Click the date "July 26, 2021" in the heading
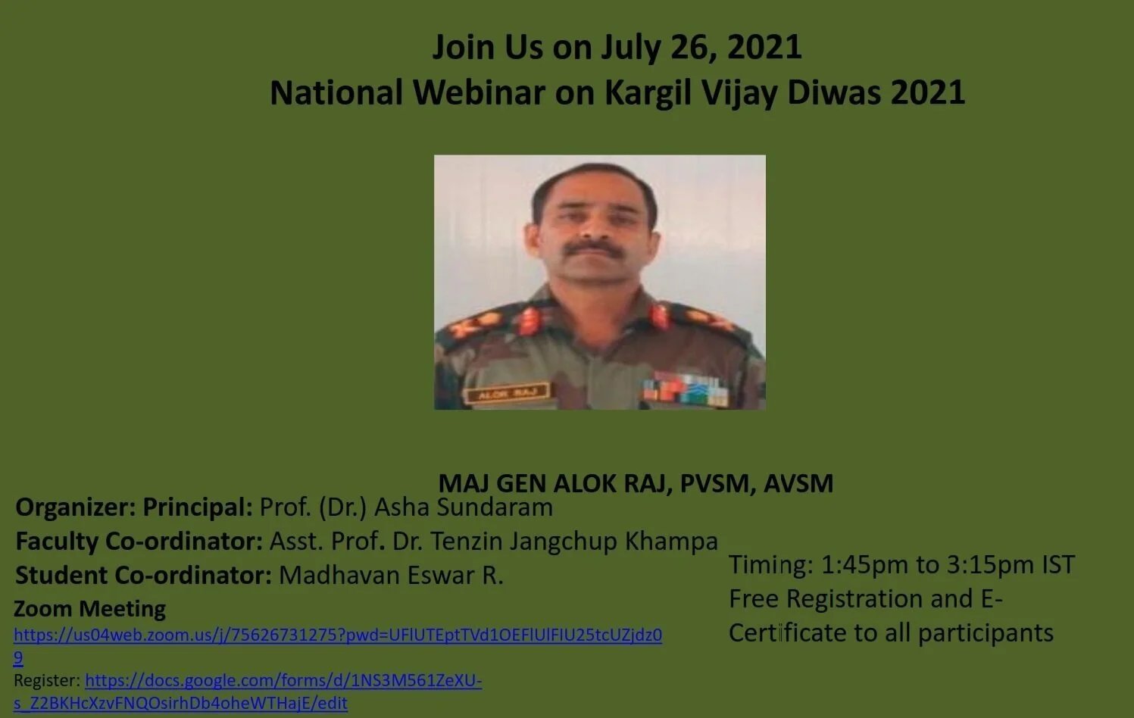pos(701,47)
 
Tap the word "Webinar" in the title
pos(479,93)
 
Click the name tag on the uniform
pos(507,393)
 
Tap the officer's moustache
pos(593,249)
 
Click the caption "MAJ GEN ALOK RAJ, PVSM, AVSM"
pos(636,483)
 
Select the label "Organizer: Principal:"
pos(134,507)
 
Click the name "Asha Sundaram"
pos(463,507)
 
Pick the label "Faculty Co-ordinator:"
pos(139,541)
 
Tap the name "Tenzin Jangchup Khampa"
pos(574,541)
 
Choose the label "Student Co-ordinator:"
pos(143,575)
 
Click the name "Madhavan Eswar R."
pos(391,575)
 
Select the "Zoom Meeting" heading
pos(89,609)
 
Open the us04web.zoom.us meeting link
pos(338,635)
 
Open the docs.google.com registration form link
pos(283,681)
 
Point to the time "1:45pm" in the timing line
pos(864,565)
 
